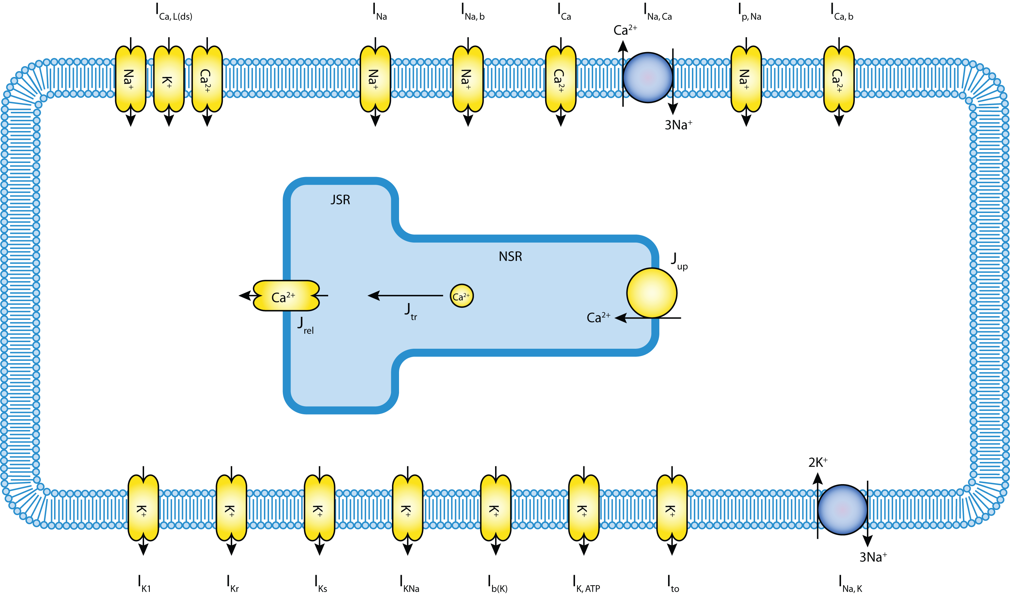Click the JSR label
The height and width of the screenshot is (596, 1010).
pos(340,200)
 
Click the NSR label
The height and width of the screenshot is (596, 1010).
pos(510,256)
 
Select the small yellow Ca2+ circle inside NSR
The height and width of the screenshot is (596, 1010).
pos(461,296)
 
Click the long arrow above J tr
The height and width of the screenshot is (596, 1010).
pos(405,296)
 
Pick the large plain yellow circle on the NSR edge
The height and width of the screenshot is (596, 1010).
pos(651,293)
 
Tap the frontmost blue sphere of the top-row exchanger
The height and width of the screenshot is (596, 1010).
pos(648,78)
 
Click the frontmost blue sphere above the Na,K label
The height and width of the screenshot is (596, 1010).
pos(842,509)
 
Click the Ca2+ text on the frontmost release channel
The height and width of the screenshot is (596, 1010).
pos(283,297)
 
